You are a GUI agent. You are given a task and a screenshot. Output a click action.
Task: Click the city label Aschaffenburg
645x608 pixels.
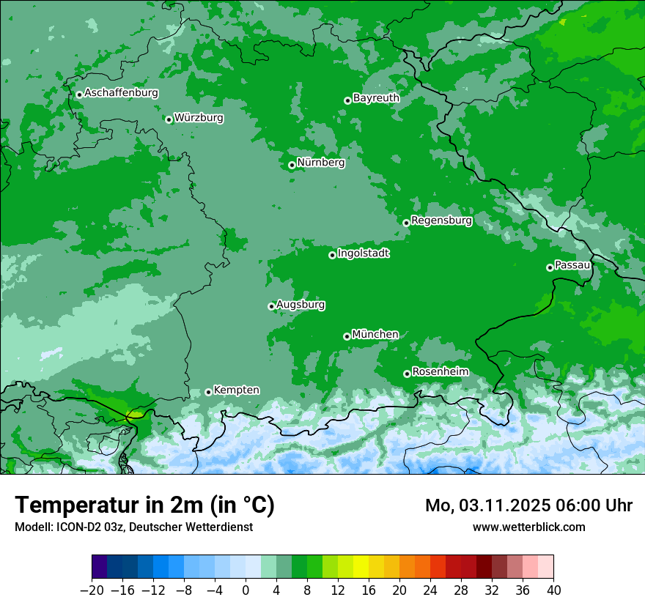[121, 93]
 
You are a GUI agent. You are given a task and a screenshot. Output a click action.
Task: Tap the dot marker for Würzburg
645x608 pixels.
[169, 119]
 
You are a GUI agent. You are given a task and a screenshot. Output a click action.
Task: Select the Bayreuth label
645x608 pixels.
[376, 97]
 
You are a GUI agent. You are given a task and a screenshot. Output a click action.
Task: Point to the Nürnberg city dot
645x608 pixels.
[292, 165]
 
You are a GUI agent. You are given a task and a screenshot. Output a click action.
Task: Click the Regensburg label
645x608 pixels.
[441, 220]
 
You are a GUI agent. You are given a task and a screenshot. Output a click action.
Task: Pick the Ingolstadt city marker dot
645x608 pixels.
[332, 255]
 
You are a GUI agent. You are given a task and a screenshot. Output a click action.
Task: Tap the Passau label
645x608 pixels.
[572, 264]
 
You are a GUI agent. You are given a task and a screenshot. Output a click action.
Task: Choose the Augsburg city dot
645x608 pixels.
[271, 306]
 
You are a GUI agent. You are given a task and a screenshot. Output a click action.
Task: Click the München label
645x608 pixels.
[375, 334]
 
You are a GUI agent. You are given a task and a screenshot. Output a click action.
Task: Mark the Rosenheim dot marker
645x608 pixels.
[407, 374]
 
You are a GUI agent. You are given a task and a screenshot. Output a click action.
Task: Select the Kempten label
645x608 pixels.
[236, 390]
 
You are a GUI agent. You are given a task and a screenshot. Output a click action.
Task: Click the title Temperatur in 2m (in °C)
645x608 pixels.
[144, 505]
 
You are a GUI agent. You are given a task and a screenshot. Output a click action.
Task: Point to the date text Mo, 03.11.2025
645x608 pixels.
[487, 505]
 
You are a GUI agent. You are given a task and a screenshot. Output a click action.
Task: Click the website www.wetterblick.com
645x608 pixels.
[528, 527]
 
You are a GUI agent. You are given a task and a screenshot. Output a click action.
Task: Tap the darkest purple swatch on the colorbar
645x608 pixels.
[99, 567]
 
